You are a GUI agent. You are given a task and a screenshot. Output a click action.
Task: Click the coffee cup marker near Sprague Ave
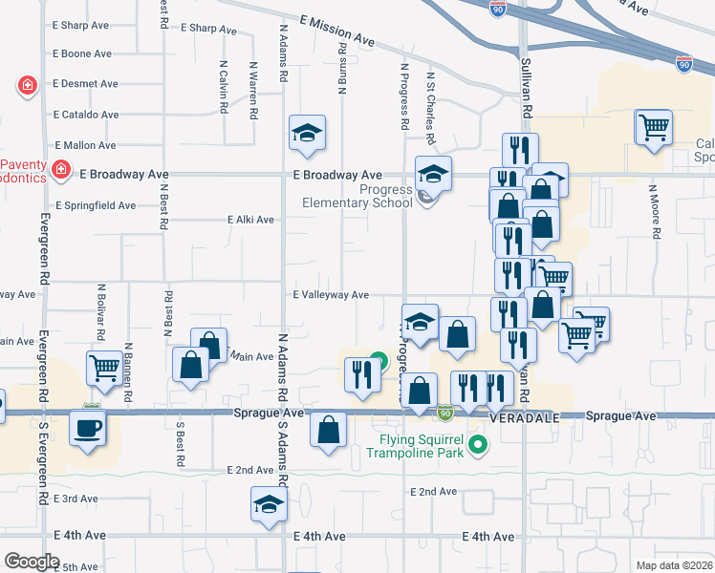click(88, 426)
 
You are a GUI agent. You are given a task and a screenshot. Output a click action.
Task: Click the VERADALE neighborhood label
click(522, 417)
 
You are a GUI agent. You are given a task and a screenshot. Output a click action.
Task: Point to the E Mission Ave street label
click(336, 31)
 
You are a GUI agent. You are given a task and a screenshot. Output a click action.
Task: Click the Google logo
click(32, 562)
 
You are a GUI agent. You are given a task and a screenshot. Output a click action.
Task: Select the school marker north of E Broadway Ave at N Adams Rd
click(307, 134)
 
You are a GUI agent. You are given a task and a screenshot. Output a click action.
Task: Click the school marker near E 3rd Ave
click(269, 505)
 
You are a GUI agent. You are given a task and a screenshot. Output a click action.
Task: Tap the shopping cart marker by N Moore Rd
click(654, 127)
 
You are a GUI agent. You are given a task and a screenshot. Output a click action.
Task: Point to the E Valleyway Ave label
click(331, 295)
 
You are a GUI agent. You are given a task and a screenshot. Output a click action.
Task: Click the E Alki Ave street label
click(250, 220)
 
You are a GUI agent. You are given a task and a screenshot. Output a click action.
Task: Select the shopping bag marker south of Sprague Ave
click(329, 430)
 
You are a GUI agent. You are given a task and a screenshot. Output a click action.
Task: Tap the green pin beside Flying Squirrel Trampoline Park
click(480, 444)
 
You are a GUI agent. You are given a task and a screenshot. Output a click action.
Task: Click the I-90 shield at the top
click(498, 9)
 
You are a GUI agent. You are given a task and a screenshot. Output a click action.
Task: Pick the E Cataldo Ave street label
click(86, 115)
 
